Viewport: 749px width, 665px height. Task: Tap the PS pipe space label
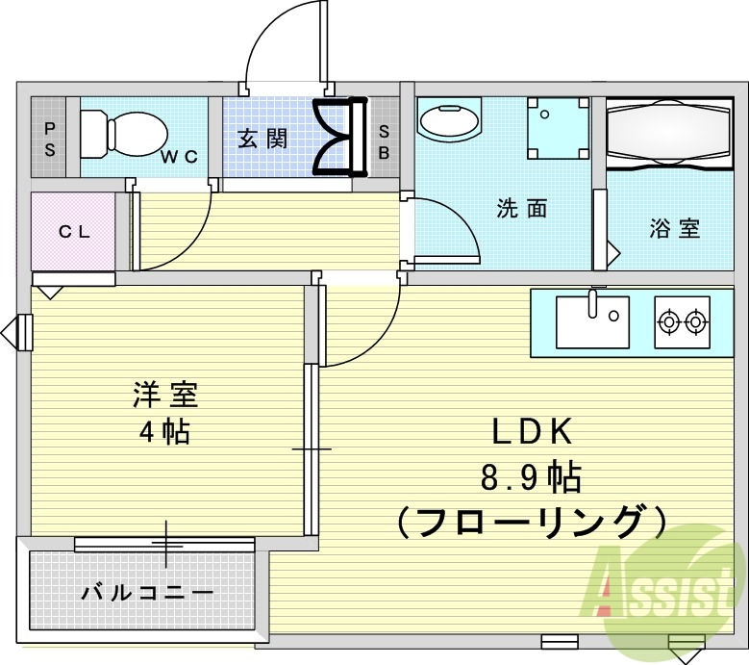pyautogui.click(x=49, y=138)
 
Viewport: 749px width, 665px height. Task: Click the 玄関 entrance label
pyautogui.click(x=262, y=138)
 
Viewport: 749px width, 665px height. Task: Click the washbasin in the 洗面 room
pyautogui.click(x=449, y=121)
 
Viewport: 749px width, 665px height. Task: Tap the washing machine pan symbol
pyautogui.click(x=557, y=128)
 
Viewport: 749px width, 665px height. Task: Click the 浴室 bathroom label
pyautogui.click(x=674, y=229)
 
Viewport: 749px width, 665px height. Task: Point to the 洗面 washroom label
pyautogui.click(x=522, y=207)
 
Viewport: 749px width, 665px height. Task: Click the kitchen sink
pyautogui.click(x=592, y=320)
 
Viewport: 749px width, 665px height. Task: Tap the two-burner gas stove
pyautogui.click(x=682, y=320)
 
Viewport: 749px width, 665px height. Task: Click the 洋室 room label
pyautogui.click(x=164, y=395)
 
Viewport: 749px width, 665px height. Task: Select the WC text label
pyautogui.click(x=179, y=157)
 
